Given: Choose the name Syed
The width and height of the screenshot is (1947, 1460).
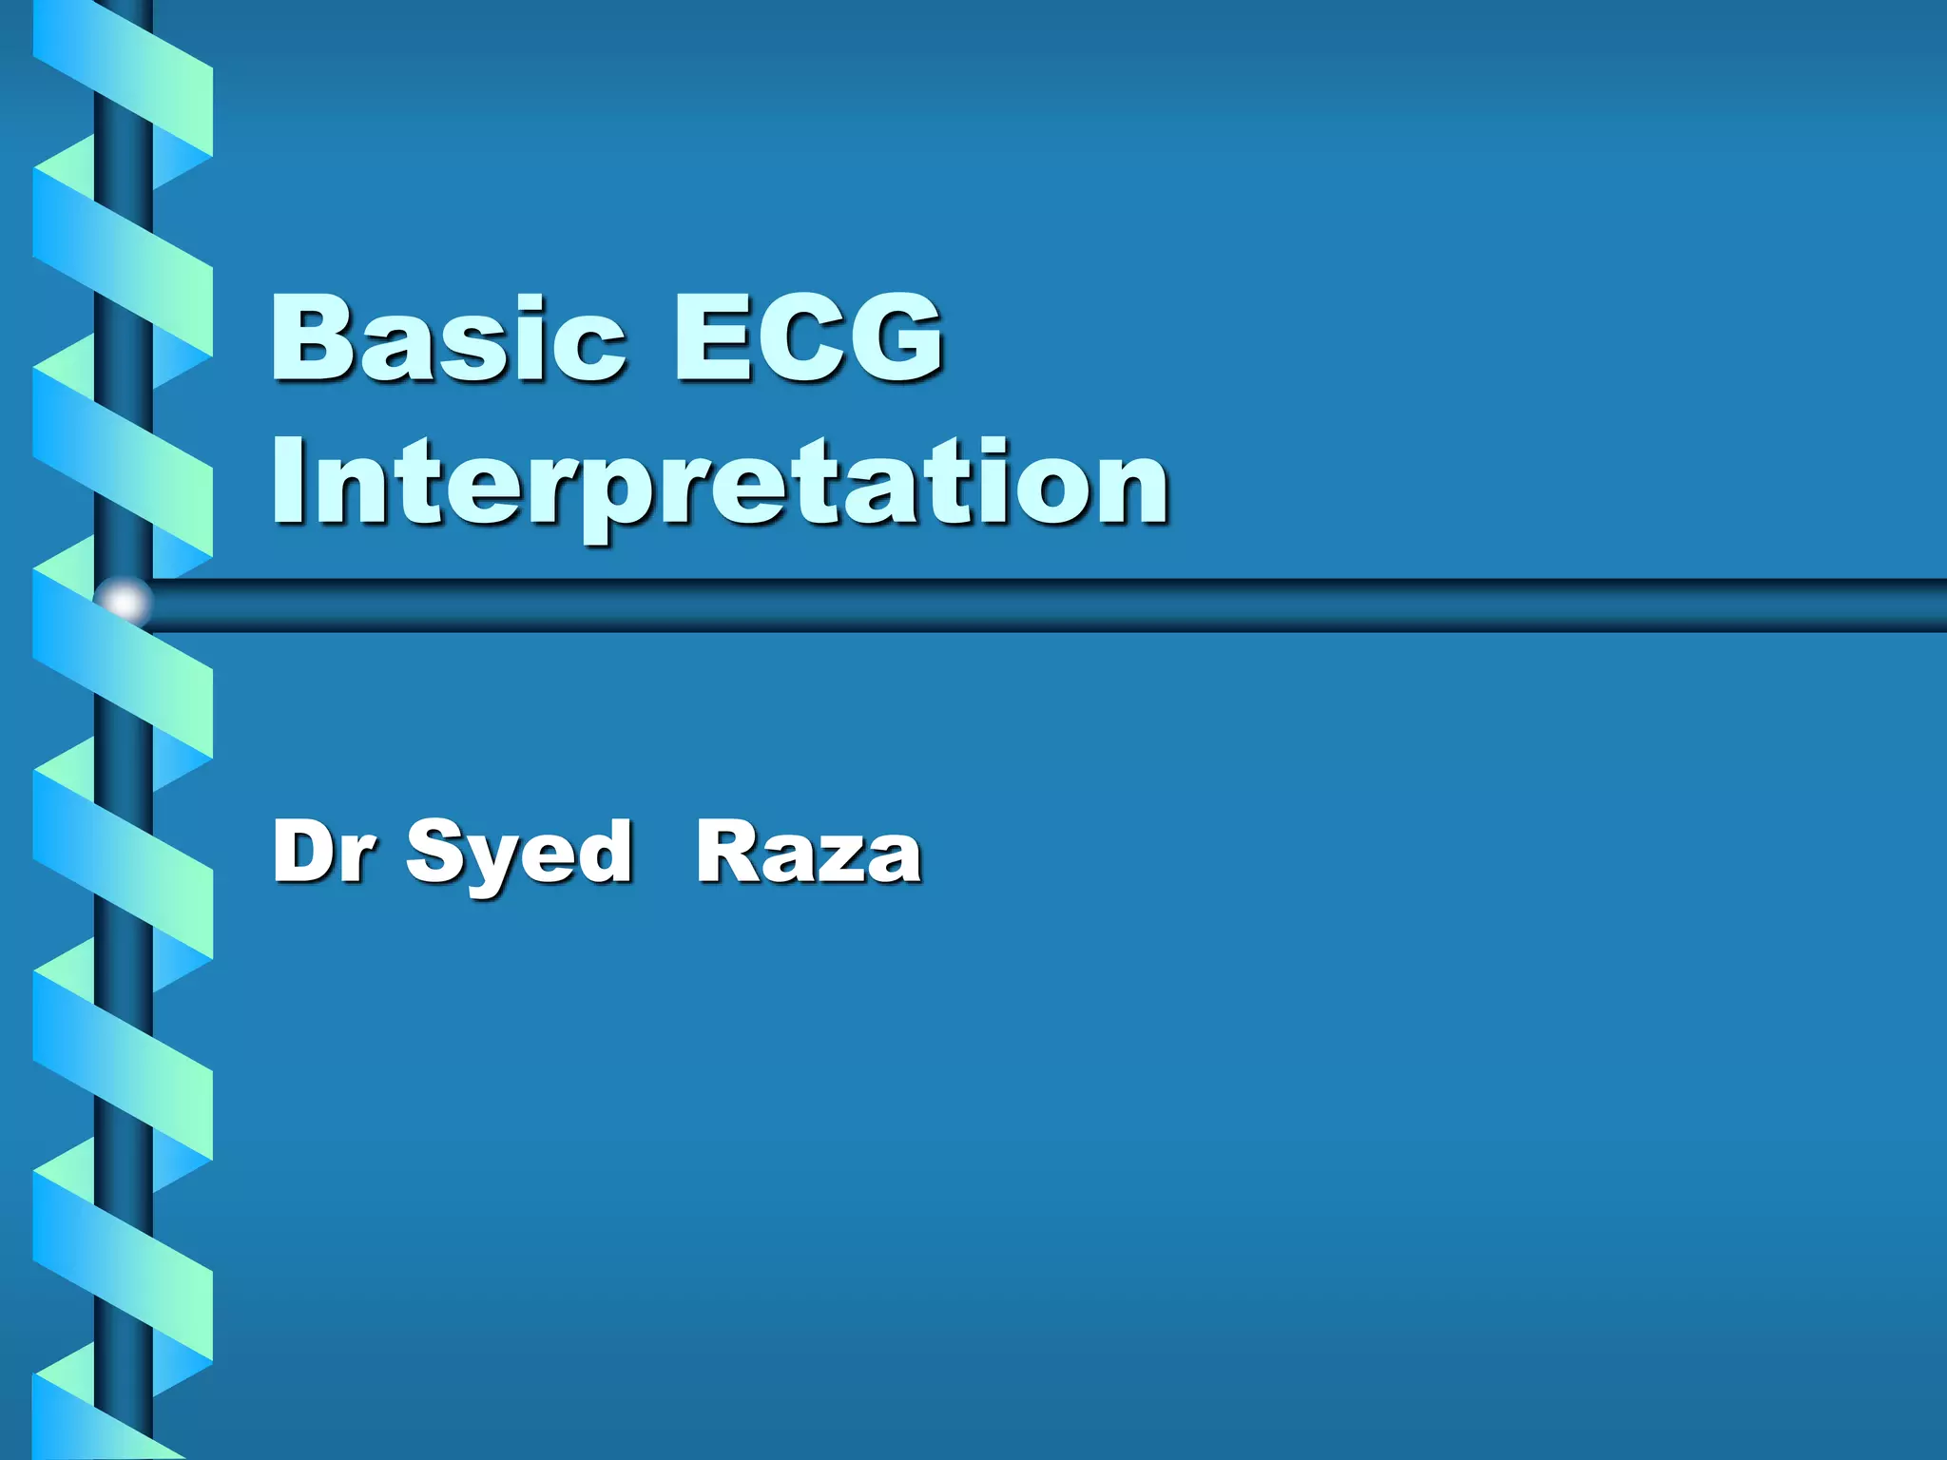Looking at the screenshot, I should coord(519,854).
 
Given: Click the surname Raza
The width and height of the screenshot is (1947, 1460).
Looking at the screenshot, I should coord(808,852).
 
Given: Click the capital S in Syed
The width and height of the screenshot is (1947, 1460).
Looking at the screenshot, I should coord(434,852).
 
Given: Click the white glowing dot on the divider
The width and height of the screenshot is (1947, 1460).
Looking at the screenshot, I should coord(125,602).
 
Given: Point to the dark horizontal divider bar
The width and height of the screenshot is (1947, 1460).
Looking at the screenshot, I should coord(1046,605).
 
